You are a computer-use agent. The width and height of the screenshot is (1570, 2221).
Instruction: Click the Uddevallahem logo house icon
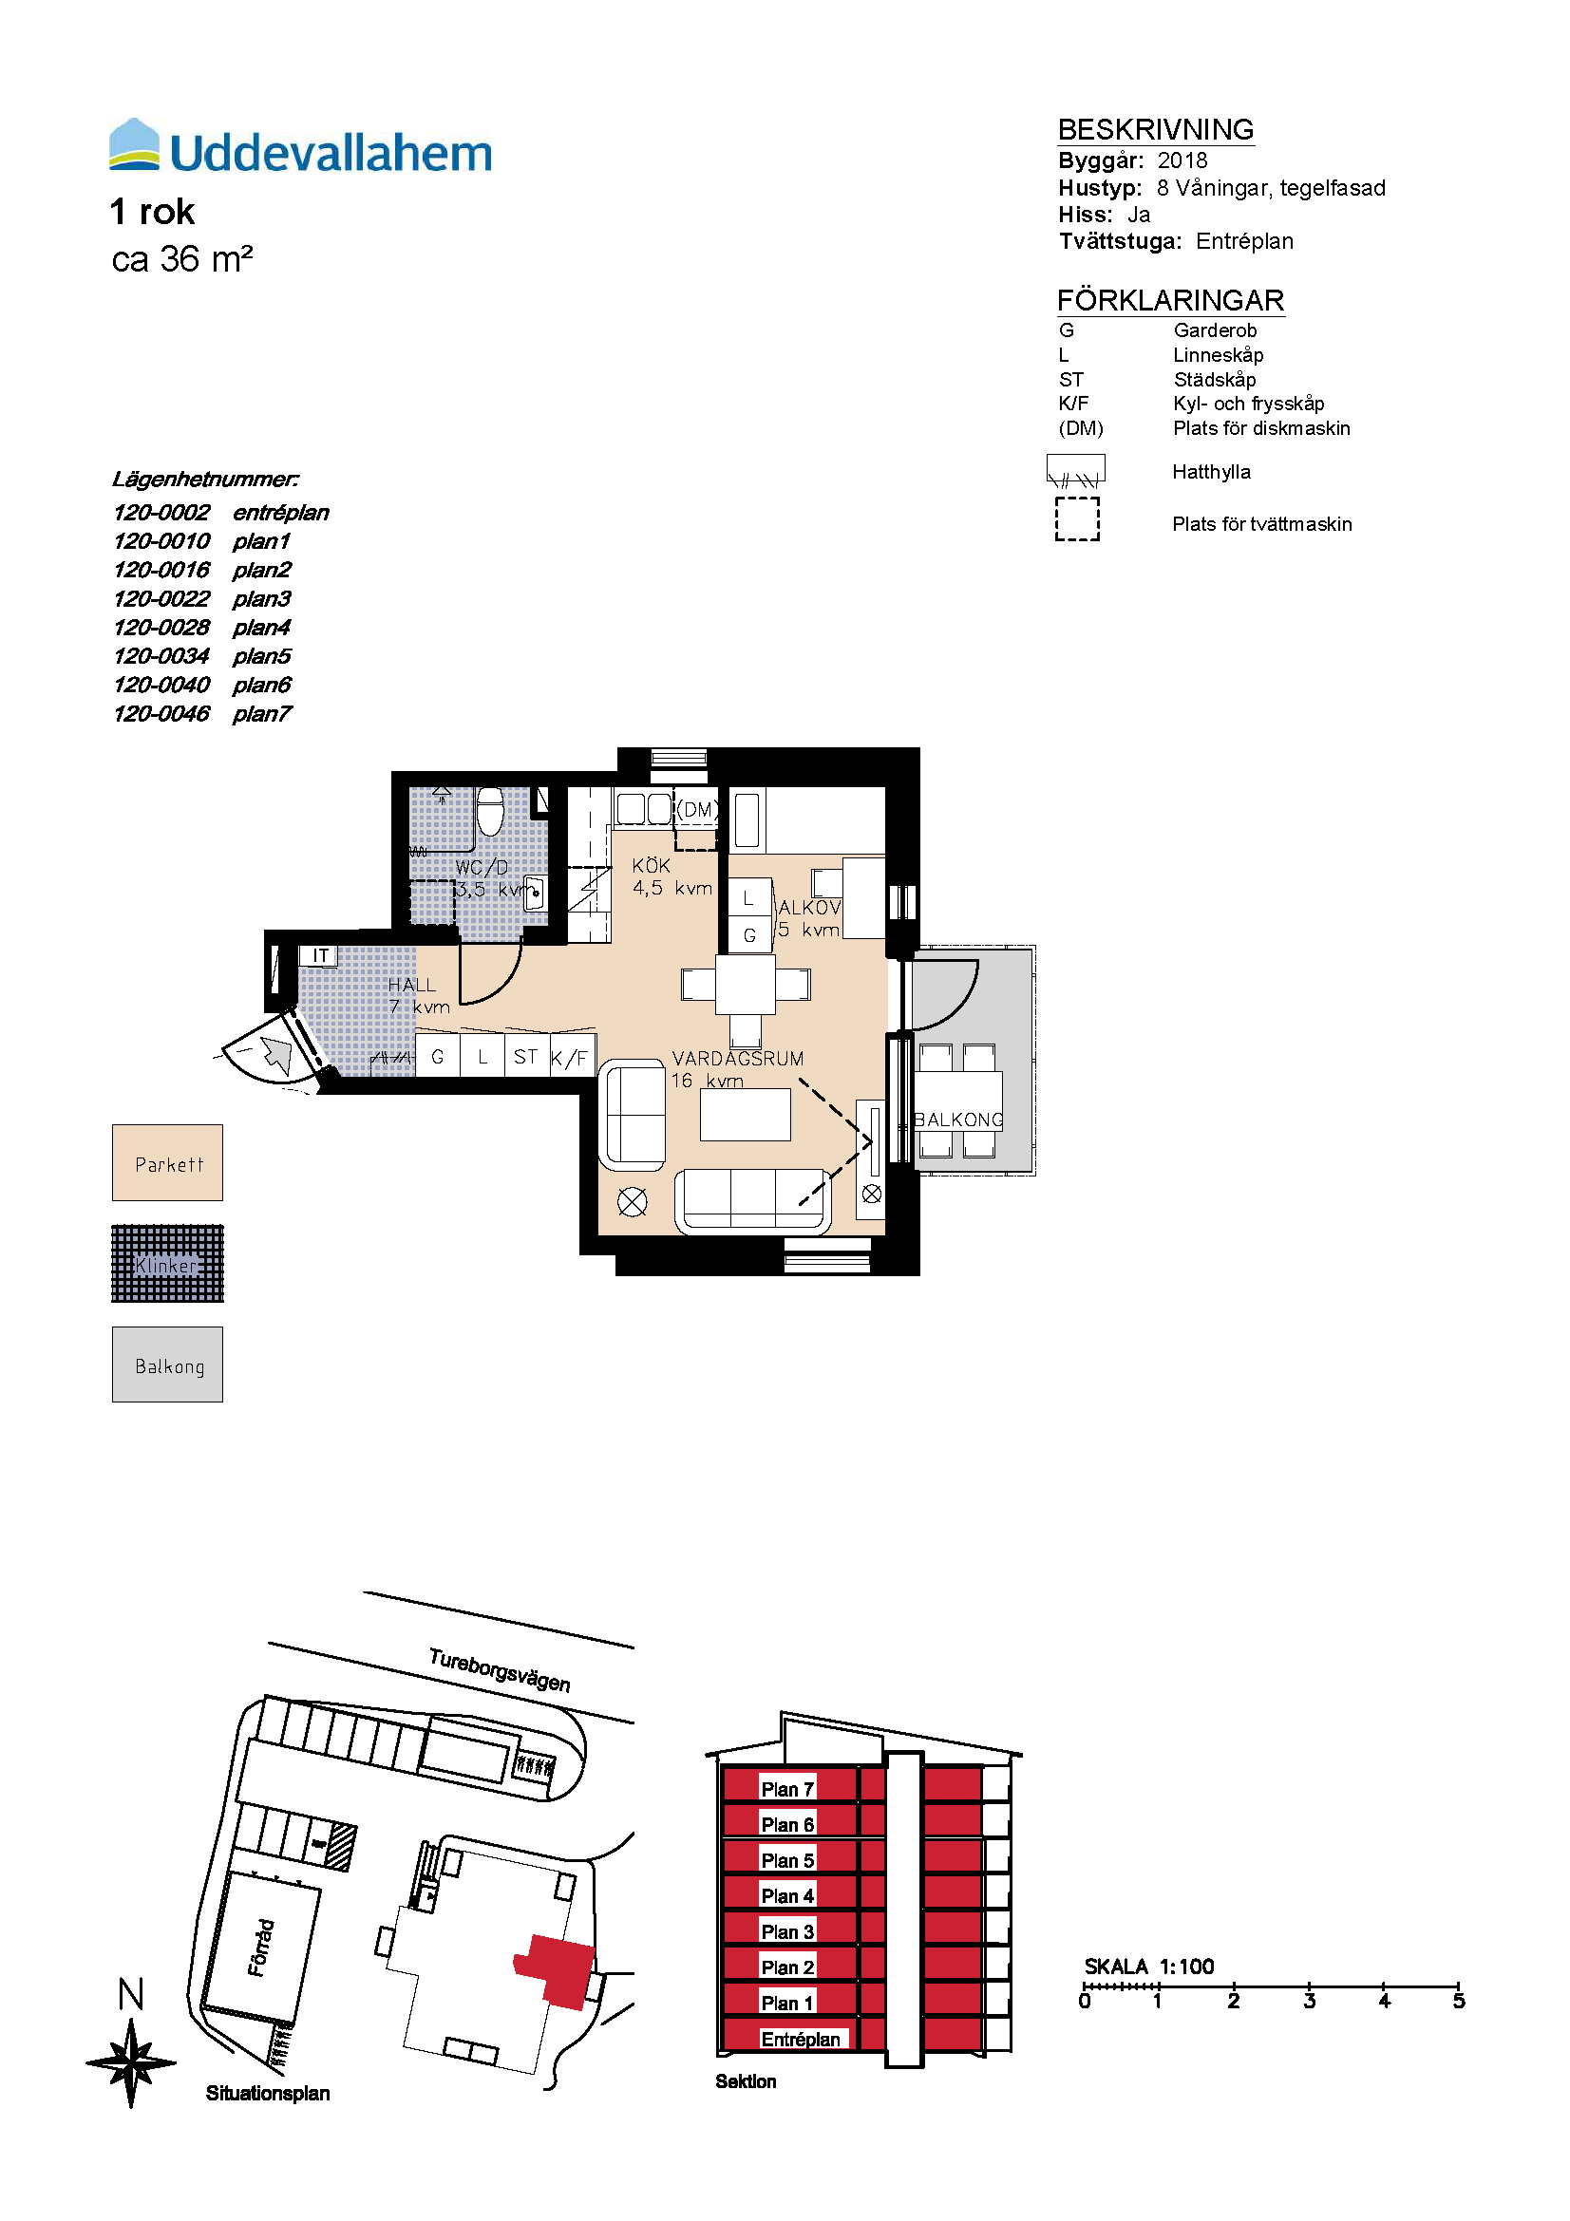[135, 144]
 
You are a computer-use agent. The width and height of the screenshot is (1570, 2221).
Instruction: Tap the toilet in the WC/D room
[490, 811]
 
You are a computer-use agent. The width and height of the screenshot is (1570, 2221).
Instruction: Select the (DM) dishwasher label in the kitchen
[697, 810]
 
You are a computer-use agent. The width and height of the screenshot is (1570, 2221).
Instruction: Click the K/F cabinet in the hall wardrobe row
[571, 1056]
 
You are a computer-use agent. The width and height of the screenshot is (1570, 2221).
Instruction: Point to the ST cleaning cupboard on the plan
[526, 1056]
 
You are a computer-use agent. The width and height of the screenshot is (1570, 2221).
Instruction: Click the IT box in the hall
[319, 956]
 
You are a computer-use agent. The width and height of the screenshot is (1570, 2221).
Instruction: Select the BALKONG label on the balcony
[958, 1120]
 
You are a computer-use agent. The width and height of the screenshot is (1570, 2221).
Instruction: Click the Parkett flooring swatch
[167, 1163]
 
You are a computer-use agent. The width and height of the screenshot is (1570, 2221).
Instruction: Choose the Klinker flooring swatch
[167, 1263]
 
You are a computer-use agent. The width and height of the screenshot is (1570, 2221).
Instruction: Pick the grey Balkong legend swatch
[167, 1364]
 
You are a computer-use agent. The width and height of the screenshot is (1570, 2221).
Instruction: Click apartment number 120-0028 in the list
[161, 628]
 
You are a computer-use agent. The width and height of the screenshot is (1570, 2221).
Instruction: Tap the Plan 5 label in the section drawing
[787, 1860]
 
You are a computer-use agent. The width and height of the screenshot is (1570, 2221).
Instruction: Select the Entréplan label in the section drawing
[801, 2039]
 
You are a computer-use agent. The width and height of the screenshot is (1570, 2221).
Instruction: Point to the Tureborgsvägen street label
[500, 1669]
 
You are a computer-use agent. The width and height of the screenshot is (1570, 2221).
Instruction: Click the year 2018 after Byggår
[1182, 160]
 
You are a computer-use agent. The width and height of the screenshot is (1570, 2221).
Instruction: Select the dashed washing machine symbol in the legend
[1078, 519]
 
